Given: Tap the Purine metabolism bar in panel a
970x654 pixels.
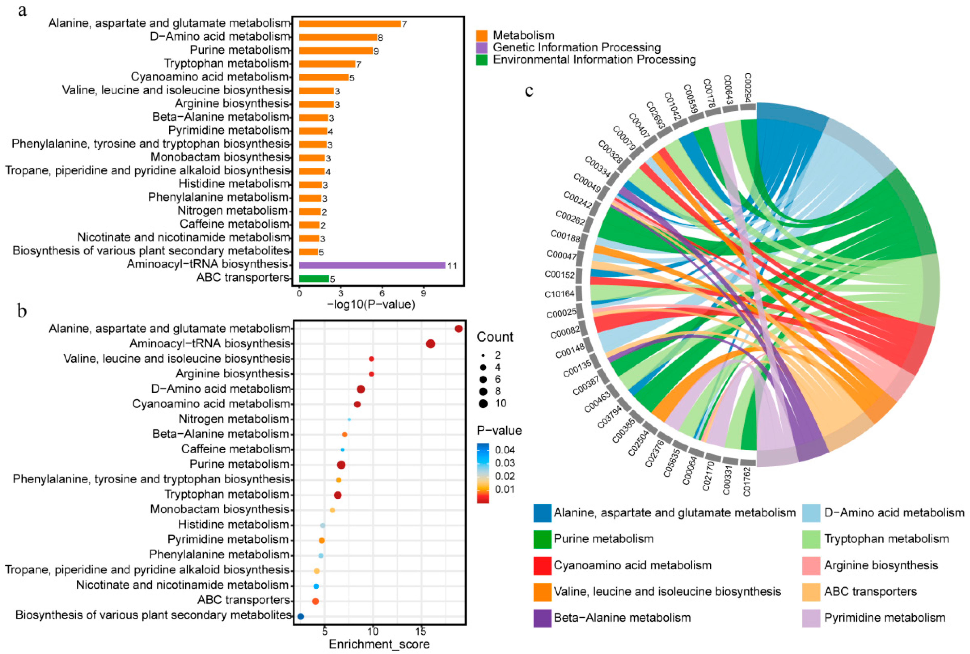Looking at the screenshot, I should [x=336, y=50].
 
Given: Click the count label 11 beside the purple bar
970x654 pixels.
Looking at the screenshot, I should [x=452, y=266].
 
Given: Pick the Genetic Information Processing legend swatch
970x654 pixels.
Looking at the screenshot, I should [x=482, y=48].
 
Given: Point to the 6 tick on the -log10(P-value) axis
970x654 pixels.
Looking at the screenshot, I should [x=382, y=293].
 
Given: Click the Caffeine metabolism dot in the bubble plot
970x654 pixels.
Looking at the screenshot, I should [x=343, y=450].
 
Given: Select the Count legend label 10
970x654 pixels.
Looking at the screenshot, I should [x=500, y=403].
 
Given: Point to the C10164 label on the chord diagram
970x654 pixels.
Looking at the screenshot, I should [x=560, y=294].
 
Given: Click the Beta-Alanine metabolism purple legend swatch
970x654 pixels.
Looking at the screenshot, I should [x=542, y=618].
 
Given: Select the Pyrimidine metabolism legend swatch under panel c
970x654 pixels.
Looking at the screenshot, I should [x=811, y=618].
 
